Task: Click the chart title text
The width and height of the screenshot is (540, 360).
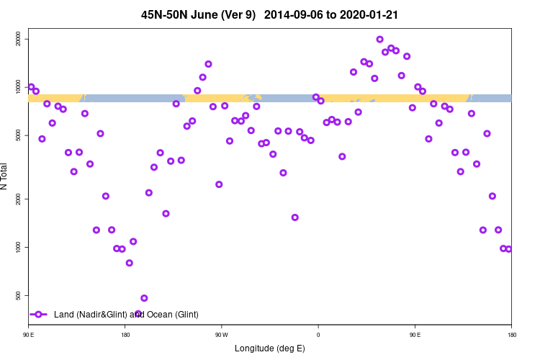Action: [x=270, y=14]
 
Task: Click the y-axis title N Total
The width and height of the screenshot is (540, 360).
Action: [x=6, y=176]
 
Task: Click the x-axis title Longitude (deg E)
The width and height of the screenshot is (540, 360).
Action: [x=270, y=348]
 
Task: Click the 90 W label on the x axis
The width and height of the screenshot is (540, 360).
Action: [x=221, y=334]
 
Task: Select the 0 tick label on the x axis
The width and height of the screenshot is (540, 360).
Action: [x=318, y=334]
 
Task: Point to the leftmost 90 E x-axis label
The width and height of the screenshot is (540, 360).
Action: [x=28, y=334]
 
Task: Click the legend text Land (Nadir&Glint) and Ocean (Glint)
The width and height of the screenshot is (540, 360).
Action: [x=126, y=315]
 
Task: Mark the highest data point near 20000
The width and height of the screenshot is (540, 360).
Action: [x=379, y=39]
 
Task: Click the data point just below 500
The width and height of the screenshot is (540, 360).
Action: [x=144, y=298]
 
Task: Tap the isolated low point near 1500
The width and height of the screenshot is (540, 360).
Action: [x=294, y=217]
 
